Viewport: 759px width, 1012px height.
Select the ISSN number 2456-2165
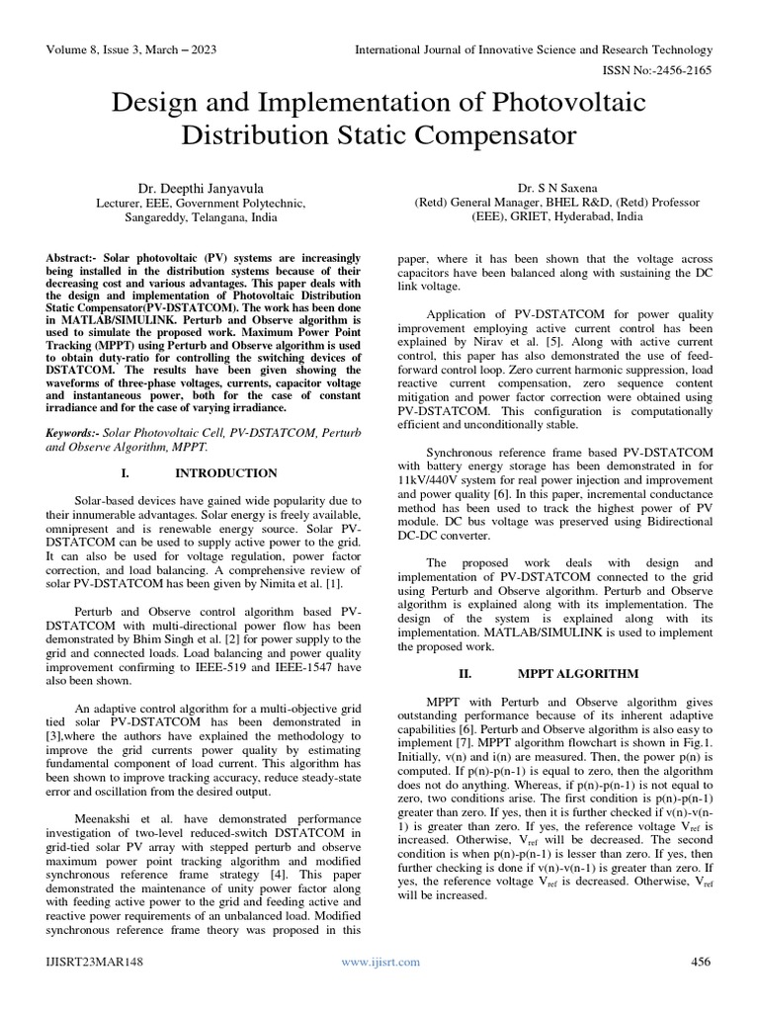coord(684,69)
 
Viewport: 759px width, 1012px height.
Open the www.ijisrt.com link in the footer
coord(380,962)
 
